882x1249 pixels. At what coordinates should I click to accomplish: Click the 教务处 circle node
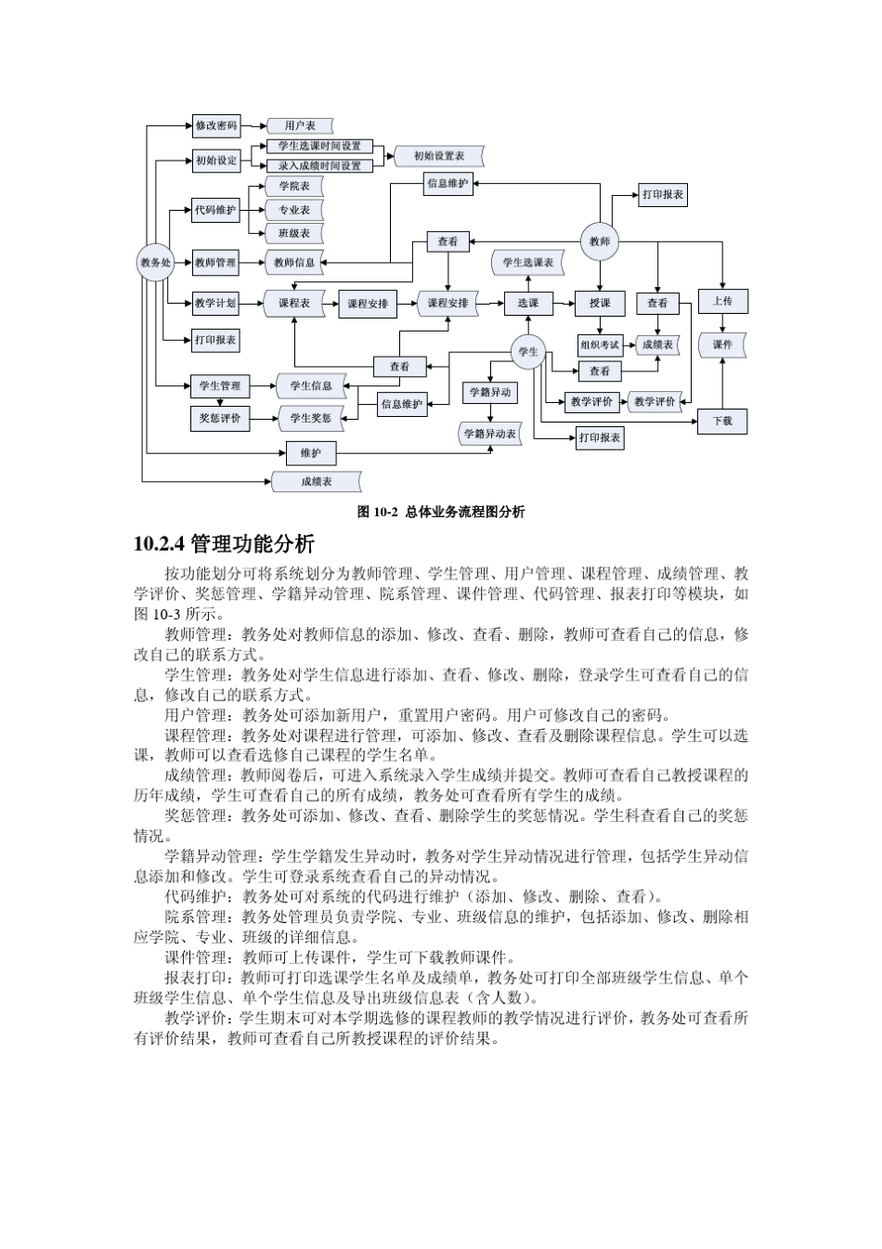pos(156,263)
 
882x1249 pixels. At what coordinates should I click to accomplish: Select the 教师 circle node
pos(600,241)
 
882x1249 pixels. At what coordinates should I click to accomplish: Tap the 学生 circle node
pos(528,352)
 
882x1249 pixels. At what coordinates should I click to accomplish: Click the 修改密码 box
pos(216,125)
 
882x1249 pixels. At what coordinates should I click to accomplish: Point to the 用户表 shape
pos(299,125)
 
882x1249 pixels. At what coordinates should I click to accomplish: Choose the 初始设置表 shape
pos(439,156)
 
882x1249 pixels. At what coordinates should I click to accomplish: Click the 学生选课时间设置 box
pos(319,146)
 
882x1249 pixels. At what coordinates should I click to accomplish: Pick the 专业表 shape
pos(294,210)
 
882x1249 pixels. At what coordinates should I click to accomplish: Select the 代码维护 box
pos(215,210)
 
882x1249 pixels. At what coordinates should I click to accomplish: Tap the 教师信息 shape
pos(294,263)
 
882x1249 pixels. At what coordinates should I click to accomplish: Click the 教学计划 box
pos(215,303)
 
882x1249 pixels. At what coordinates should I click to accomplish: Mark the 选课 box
pos(528,303)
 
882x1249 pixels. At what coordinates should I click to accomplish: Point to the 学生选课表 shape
pos(528,263)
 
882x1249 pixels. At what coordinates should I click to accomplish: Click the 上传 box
pos(722,302)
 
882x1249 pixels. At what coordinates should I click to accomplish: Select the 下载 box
pos(722,421)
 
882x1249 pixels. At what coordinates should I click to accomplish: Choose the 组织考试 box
pos(600,345)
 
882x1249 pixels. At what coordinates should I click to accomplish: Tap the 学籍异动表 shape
pos(489,434)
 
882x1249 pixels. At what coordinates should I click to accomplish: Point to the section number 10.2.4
pos(160,544)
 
